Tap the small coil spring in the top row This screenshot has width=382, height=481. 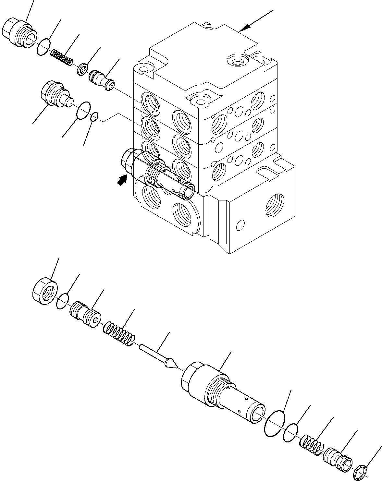[62, 57]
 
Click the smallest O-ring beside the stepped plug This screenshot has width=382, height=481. [94, 116]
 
